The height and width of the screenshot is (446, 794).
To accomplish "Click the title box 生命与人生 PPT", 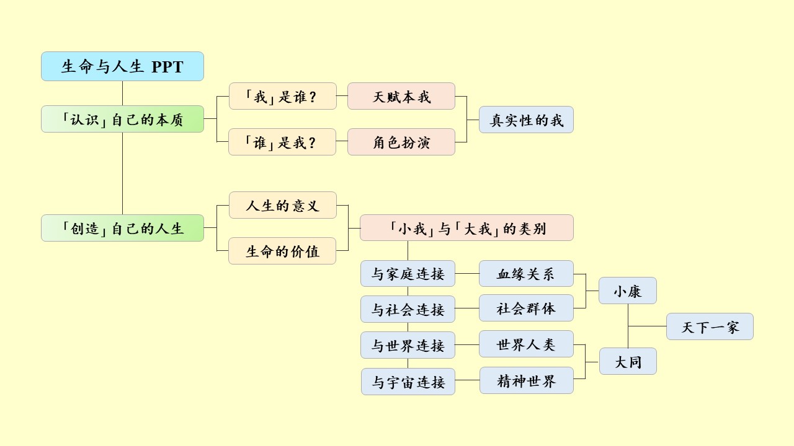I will pyautogui.click(x=122, y=66).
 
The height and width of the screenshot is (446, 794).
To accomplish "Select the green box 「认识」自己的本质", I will pyautogui.click(x=122, y=119).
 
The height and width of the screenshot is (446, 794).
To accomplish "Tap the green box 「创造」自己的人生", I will pyautogui.click(x=122, y=228).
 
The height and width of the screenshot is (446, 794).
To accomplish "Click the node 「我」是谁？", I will pyautogui.click(x=282, y=96).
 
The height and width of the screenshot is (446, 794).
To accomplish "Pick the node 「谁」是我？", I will pyautogui.click(x=282, y=142).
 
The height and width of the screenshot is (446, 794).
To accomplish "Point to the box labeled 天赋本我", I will pyautogui.click(x=401, y=96).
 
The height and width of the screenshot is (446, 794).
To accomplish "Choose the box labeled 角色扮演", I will pyautogui.click(x=401, y=142).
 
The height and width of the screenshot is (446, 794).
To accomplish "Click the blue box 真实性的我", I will pyautogui.click(x=526, y=120).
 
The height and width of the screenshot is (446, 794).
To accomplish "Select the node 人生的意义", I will pyautogui.click(x=282, y=205).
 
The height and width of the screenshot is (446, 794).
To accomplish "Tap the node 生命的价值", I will pyautogui.click(x=282, y=251).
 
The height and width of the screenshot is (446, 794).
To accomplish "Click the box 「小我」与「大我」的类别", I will pyautogui.click(x=466, y=228).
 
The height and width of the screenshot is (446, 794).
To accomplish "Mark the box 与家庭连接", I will pyautogui.click(x=408, y=274).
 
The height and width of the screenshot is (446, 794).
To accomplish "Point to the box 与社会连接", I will pyautogui.click(x=408, y=309).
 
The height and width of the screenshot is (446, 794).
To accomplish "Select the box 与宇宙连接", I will pyautogui.click(x=408, y=382).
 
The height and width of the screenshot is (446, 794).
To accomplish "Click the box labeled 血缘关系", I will pyautogui.click(x=526, y=274).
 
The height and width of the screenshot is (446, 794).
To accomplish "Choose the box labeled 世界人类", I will pyautogui.click(x=526, y=344).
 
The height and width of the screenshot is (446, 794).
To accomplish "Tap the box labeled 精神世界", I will pyautogui.click(x=526, y=380).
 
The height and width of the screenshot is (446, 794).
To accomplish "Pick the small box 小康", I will pyautogui.click(x=627, y=291).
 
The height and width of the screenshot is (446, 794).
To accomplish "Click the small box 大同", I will pyautogui.click(x=627, y=361).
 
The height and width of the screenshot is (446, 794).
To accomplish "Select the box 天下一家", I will pyautogui.click(x=710, y=326).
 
